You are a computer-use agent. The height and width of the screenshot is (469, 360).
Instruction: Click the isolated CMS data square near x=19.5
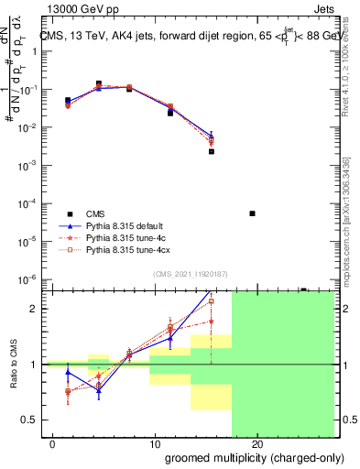[x=252, y=213]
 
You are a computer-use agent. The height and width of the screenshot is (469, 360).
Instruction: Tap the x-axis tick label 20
[x=257, y=445]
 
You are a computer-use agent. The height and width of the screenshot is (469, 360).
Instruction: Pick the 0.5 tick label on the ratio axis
[x=27, y=420]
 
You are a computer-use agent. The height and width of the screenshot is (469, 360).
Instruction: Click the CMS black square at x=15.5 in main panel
[x=212, y=151]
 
